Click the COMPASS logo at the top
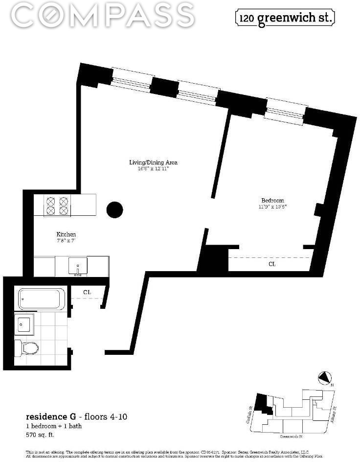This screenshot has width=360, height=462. pyautogui.click(x=103, y=16)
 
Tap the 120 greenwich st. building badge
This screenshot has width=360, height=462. pyautogui.click(x=286, y=18)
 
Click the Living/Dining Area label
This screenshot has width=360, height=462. pyautogui.click(x=152, y=162)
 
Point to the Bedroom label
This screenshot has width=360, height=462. pyautogui.click(x=272, y=200)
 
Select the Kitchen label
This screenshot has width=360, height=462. pyautogui.click(x=66, y=234)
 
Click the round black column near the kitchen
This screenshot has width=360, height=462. pyautogui.click(x=115, y=210)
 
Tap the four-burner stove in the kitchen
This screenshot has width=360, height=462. pyautogui.click(x=57, y=206)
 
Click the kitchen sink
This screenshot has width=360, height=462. pyautogui.click(x=78, y=266)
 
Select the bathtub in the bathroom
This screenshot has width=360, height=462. pyautogui.click(x=41, y=299)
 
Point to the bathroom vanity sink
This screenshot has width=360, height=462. pyautogui.click(x=24, y=324)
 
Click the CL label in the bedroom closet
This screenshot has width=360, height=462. pyautogui.click(x=272, y=264)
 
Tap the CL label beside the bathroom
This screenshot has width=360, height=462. pyautogui.click(x=87, y=292)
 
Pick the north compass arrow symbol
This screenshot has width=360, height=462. pyautogui.click(x=324, y=378)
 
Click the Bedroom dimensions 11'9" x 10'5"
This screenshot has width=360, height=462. pyautogui.click(x=272, y=207)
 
